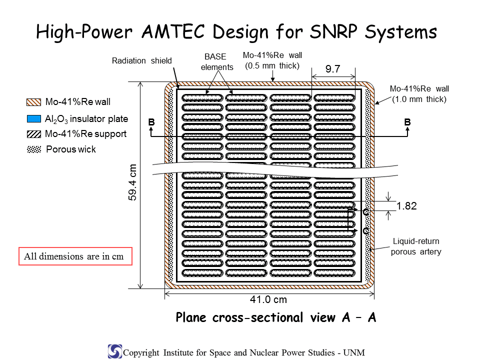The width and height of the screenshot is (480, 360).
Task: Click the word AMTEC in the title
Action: (x=173, y=31)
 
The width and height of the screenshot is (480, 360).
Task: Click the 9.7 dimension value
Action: (x=333, y=69)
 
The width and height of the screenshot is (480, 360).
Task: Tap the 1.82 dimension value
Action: (x=406, y=206)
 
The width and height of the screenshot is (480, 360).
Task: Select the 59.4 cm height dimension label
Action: (x=132, y=182)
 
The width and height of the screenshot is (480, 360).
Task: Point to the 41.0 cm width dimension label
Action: (x=268, y=299)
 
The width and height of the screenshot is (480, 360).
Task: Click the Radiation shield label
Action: (x=141, y=60)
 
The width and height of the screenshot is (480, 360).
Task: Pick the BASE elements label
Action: (x=216, y=62)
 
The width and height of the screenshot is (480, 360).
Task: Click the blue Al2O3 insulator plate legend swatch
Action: (x=33, y=119)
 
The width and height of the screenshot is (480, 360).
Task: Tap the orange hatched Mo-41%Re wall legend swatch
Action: (x=33, y=102)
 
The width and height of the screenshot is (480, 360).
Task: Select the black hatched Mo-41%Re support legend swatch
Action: (x=33, y=134)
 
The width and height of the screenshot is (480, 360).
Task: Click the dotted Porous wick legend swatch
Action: (x=33, y=149)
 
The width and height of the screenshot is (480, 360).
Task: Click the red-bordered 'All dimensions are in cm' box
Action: (x=75, y=256)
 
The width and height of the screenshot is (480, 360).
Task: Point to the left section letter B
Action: (x=151, y=122)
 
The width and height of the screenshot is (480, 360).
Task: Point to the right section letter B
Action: (x=407, y=122)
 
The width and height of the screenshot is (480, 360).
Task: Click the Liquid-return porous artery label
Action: (x=416, y=246)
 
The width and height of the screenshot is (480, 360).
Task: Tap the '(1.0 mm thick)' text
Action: (x=419, y=99)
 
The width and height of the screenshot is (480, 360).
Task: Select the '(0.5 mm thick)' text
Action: (x=272, y=66)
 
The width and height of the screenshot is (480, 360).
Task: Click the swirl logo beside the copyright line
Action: (x=115, y=351)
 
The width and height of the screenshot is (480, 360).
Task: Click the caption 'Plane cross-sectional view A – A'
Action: (x=276, y=317)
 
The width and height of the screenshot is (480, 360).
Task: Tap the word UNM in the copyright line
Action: (x=354, y=352)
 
